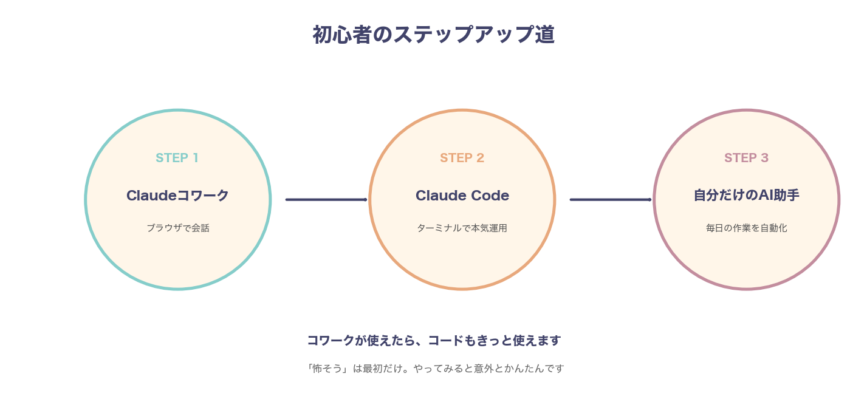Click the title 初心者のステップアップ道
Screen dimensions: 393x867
pos(433,35)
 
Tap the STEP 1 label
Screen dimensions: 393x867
pos(177,158)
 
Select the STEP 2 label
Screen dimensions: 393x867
pos(462,158)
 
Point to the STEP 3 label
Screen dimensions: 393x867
pos(746,158)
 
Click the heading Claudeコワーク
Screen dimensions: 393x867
pos(177,196)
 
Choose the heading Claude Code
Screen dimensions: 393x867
pos(462,196)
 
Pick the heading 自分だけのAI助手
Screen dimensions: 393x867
pos(746,196)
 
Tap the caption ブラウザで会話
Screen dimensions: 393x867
pos(177,228)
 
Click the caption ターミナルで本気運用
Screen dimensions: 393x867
pos(462,228)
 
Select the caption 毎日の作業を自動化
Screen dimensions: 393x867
pos(746,228)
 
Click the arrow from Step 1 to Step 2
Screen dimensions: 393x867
pos(326,199)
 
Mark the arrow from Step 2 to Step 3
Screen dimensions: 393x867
pos(611,199)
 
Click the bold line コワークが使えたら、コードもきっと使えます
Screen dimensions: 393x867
pos(433,340)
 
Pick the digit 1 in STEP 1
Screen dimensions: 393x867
pos(195,158)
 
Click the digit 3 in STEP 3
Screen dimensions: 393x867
pos(764,158)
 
